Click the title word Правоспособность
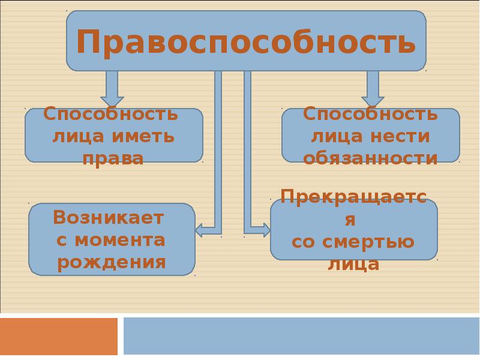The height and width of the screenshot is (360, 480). pos(246,43)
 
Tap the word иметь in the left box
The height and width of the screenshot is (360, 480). pos(143,136)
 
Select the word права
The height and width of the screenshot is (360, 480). pos(113,159)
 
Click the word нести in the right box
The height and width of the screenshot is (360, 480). pos(400,136)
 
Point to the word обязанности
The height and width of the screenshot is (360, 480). pos(370,158)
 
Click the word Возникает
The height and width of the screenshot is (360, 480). pos(109,218)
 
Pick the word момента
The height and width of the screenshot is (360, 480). pos(120,241)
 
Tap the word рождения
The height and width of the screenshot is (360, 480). pos(112,263)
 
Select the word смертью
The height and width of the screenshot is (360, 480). pos(368,242)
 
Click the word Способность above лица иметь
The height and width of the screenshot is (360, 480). pos(110,113)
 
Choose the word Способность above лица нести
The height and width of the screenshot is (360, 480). pos(370,113)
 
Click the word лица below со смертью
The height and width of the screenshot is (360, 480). pos(353,264)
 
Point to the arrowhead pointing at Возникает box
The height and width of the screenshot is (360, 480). pos(199,230)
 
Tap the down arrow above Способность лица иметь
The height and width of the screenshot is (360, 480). pos(112,89)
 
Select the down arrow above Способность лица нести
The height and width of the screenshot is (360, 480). pos(373,89)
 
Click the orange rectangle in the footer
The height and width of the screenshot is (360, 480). pos(59,336)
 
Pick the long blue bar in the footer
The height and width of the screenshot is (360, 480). pos(302,336)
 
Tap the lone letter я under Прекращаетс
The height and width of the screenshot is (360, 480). pos(350,220)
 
